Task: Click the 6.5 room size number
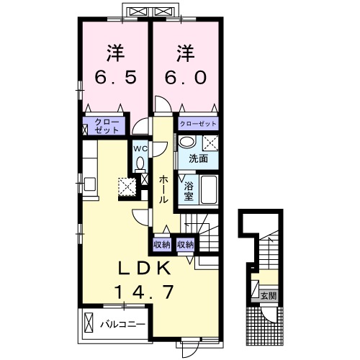(x=116, y=77)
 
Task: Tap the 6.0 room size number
(x=186, y=77)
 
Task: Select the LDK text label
(x=145, y=268)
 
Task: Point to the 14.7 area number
(x=144, y=291)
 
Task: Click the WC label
(x=140, y=149)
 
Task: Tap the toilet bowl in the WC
(x=140, y=163)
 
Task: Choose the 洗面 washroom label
(x=198, y=158)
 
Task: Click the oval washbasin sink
(x=187, y=142)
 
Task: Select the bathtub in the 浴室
(x=209, y=189)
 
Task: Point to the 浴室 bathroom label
(x=189, y=191)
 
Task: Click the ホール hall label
(x=163, y=189)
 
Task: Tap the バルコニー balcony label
(x=122, y=325)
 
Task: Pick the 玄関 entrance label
(x=269, y=296)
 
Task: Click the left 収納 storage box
(x=162, y=245)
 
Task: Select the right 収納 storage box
(x=185, y=245)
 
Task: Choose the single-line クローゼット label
(x=198, y=124)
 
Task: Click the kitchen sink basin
(x=90, y=184)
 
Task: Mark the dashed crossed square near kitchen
(x=127, y=186)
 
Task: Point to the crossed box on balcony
(x=89, y=323)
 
